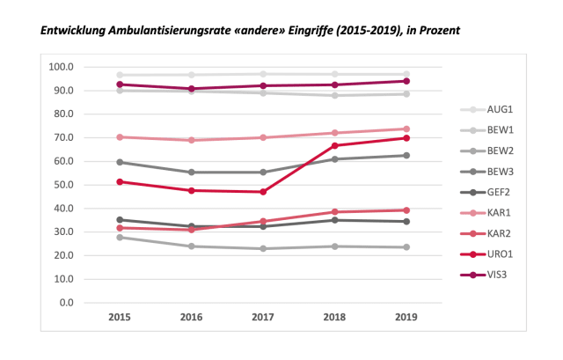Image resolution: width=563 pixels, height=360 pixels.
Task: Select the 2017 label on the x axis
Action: tap(263, 316)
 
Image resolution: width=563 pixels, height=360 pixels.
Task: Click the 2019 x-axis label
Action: tap(406, 316)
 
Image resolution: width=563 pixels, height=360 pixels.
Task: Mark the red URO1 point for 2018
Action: tap(334, 145)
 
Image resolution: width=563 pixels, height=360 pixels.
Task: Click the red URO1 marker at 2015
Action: tap(119, 181)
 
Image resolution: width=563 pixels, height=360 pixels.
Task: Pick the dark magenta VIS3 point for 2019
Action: tap(406, 81)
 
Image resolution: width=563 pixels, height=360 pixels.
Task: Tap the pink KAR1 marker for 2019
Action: tap(406, 129)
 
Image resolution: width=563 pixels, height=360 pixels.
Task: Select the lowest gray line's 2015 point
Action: tap(119, 237)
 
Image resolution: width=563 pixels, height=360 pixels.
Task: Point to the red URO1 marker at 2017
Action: tap(263, 192)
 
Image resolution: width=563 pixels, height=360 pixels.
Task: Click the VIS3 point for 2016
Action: tap(191, 89)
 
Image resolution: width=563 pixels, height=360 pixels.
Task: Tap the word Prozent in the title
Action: tap(437, 31)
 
